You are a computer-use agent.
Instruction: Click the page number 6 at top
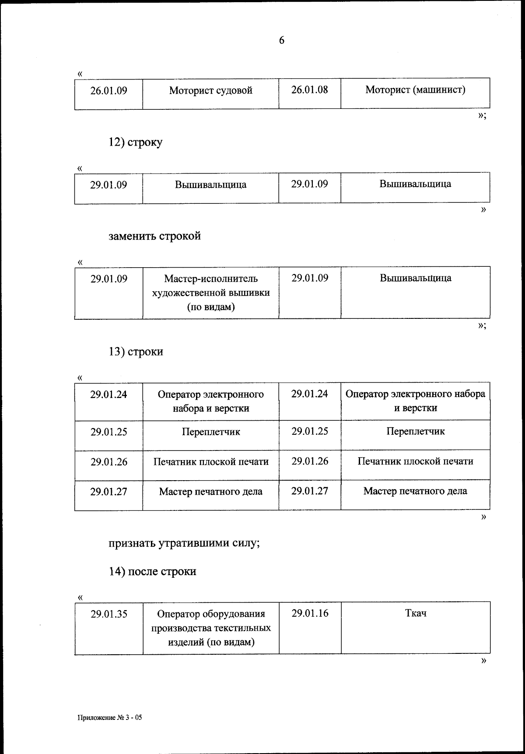281,40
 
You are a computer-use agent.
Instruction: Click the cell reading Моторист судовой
210,91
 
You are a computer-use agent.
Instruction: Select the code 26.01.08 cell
309,90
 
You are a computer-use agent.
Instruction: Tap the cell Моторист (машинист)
415,90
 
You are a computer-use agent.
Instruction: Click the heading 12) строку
135,142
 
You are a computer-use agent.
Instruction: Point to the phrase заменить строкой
154,236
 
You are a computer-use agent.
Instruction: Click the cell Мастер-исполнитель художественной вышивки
210,292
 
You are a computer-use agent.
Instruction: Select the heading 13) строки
136,352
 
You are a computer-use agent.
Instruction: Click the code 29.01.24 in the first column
108,394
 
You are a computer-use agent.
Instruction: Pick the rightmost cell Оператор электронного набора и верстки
415,401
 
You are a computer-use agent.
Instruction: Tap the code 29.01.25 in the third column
309,431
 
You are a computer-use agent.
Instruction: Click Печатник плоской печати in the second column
210,462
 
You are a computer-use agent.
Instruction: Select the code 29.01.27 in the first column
108,492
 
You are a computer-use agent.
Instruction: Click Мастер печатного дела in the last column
415,491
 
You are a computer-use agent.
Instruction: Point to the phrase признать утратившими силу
184,543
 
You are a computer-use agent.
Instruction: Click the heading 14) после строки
152,572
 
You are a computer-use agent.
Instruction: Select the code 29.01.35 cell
108,614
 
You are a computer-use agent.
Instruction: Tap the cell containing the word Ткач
415,613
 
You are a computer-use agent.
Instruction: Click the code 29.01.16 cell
309,613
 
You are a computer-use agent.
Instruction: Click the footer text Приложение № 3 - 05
110,718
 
